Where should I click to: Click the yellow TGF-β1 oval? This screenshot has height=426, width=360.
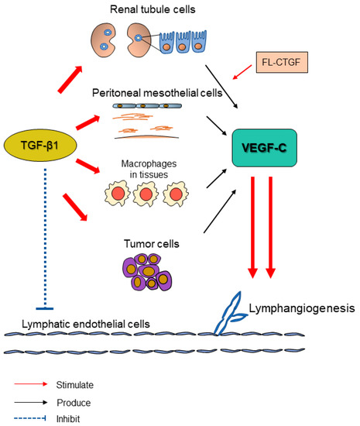40,143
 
